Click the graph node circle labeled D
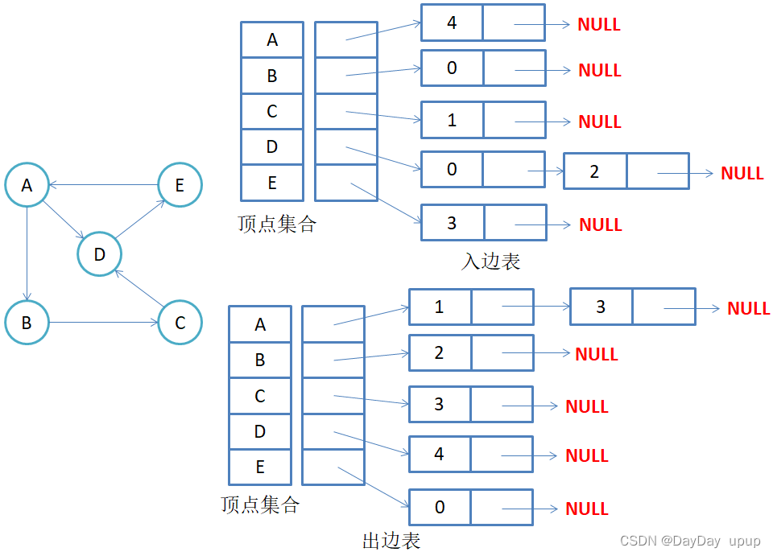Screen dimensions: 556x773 click(99, 255)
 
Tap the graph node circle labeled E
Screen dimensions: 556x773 click(179, 185)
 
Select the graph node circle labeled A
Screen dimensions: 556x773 click(27, 185)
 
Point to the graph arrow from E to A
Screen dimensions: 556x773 click(103, 184)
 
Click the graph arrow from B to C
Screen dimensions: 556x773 click(103, 323)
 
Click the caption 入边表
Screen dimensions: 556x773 click(490, 262)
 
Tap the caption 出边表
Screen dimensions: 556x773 click(391, 540)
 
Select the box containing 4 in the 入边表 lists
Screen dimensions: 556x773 click(452, 23)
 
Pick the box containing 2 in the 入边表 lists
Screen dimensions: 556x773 click(594, 171)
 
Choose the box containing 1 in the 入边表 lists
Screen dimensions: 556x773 click(452, 120)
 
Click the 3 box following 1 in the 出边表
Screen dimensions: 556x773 click(601, 307)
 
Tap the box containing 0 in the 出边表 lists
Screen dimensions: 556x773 click(440, 507)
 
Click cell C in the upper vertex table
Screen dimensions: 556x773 click(272, 111)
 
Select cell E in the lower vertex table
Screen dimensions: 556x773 click(260, 467)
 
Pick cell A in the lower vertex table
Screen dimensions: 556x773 click(260, 324)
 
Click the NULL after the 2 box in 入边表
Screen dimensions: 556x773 click(742, 173)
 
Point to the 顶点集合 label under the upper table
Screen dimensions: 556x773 click(277, 224)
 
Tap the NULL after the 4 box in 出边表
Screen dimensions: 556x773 click(586, 455)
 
